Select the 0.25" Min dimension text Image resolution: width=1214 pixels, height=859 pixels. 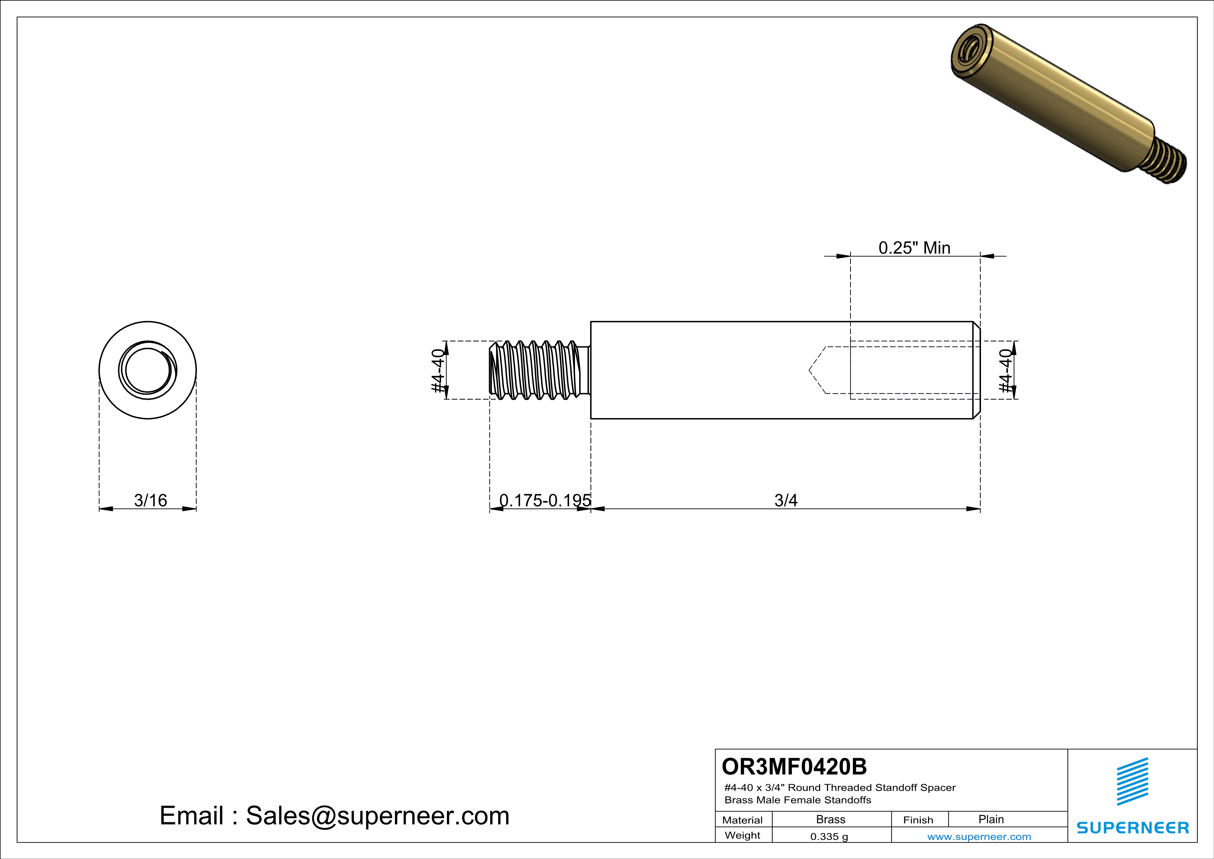914,248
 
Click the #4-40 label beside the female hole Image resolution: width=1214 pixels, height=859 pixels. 1005,370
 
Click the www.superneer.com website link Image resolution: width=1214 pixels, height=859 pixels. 979,836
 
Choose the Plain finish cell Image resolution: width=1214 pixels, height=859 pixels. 990,819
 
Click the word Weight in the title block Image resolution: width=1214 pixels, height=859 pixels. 743,835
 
